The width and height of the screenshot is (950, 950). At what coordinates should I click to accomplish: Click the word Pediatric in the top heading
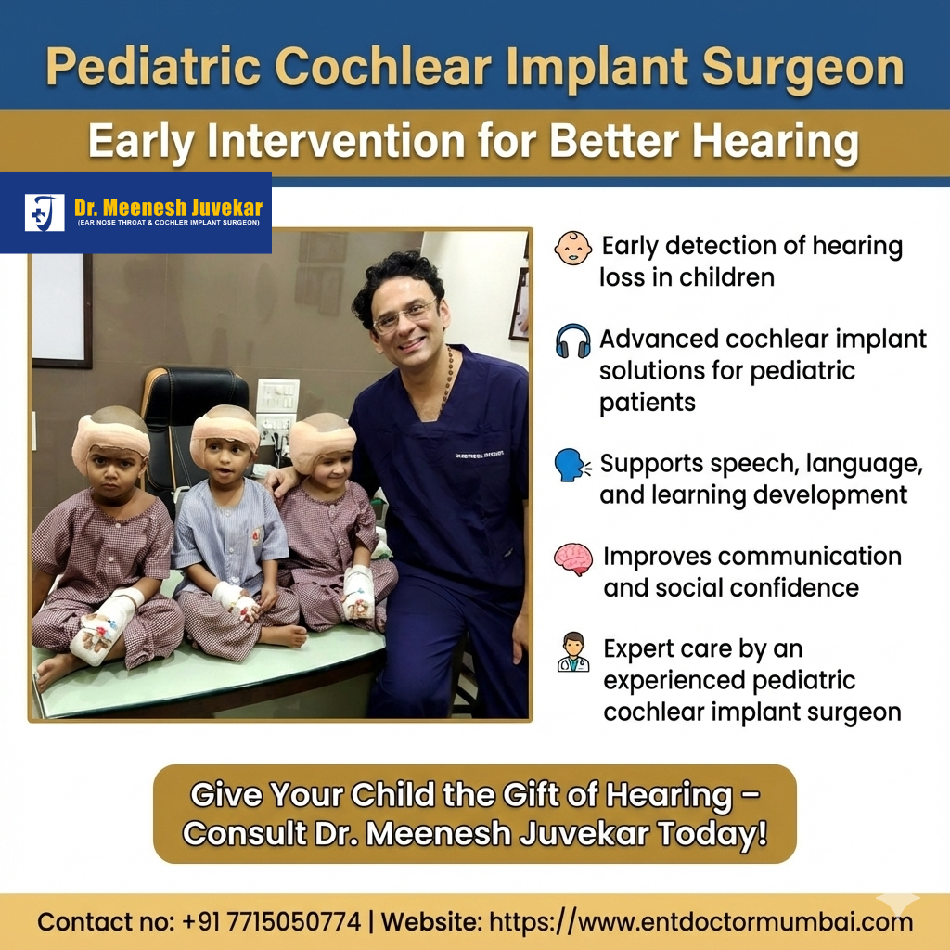click(x=153, y=68)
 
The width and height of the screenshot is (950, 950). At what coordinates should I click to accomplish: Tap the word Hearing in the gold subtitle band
click(x=776, y=142)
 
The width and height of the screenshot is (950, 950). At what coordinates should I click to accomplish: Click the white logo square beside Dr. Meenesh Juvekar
click(x=45, y=212)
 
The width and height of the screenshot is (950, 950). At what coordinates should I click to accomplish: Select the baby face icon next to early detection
click(x=572, y=248)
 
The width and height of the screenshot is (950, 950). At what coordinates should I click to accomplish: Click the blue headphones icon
click(x=572, y=340)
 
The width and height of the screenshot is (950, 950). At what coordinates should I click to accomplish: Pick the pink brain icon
click(x=573, y=558)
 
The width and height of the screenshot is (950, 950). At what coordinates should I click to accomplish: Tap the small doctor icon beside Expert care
click(x=573, y=652)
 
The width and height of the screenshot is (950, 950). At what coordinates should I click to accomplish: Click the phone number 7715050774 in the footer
click(x=294, y=922)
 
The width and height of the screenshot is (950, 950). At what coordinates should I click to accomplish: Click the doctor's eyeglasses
click(x=404, y=315)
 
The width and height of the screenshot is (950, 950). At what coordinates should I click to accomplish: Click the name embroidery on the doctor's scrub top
click(x=478, y=455)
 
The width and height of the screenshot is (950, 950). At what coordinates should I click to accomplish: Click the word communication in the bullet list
click(x=751, y=557)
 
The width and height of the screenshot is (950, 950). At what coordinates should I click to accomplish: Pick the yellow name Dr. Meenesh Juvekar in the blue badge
click(x=169, y=208)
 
